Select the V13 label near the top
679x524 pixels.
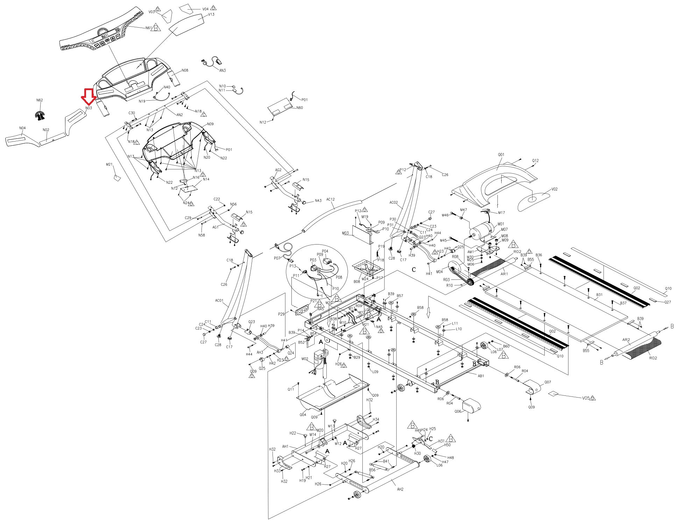pos(211,14)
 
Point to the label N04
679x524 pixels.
pos(22,128)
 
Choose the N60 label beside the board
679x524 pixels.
pos(299,108)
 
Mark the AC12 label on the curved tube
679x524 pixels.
pos(330,199)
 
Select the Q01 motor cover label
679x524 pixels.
pos(501,154)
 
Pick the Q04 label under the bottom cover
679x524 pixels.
pos(303,415)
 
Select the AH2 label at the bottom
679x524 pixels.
pos(400,489)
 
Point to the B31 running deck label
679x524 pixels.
pos(599,295)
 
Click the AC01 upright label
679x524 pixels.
pos(219,300)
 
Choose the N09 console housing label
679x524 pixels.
pos(210,124)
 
